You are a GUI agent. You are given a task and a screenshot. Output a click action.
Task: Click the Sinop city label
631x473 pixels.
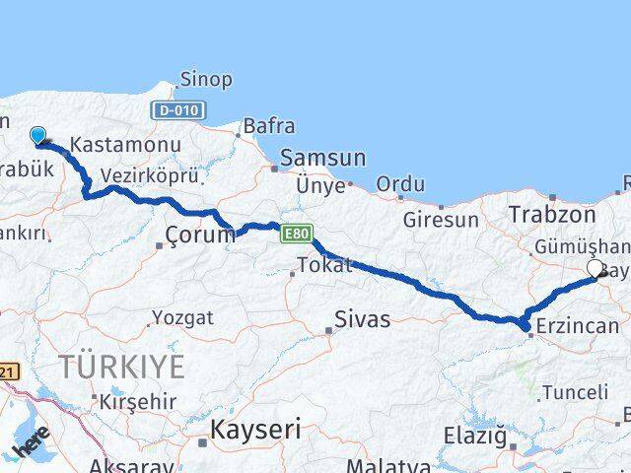pyautogui.click(x=206, y=79)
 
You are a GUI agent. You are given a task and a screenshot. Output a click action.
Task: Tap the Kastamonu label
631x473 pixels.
pyautogui.click(x=123, y=145)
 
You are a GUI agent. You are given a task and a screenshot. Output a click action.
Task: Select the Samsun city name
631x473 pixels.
pyautogui.click(x=322, y=158)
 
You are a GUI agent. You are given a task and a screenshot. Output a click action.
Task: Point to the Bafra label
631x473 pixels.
pyautogui.click(x=268, y=126)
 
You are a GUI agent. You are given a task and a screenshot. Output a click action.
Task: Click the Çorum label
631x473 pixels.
pyautogui.click(x=200, y=235)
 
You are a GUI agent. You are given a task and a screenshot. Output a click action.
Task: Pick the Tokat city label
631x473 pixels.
pyautogui.click(x=326, y=264)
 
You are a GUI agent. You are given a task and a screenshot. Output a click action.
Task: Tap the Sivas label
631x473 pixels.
pyautogui.click(x=362, y=319)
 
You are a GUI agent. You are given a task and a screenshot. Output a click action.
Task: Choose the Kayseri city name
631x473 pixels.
pyautogui.click(x=254, y=431)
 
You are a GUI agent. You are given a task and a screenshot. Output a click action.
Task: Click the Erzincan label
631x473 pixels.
pyautogui.click(x=579, y=326)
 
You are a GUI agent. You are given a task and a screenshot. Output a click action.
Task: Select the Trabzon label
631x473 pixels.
pyautogui.click(x=552, y=215)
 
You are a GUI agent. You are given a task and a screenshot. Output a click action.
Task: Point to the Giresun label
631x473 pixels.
pyautogui.click(x=440, y=220)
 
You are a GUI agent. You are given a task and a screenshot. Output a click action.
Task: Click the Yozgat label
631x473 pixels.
pyautogui.click(x=181, y=317)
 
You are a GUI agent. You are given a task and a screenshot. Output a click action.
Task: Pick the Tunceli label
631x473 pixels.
pyautogui.click(x=575, y=392)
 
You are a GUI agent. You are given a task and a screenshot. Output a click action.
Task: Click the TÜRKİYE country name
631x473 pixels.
pyautogui.click(x=121, y=368)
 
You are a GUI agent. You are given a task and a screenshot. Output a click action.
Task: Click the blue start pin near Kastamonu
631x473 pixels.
pyautogui.click(x=38, y=135)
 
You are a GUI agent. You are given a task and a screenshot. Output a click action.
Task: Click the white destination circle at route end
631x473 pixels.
pyautogui.click(x=595, y=268)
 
